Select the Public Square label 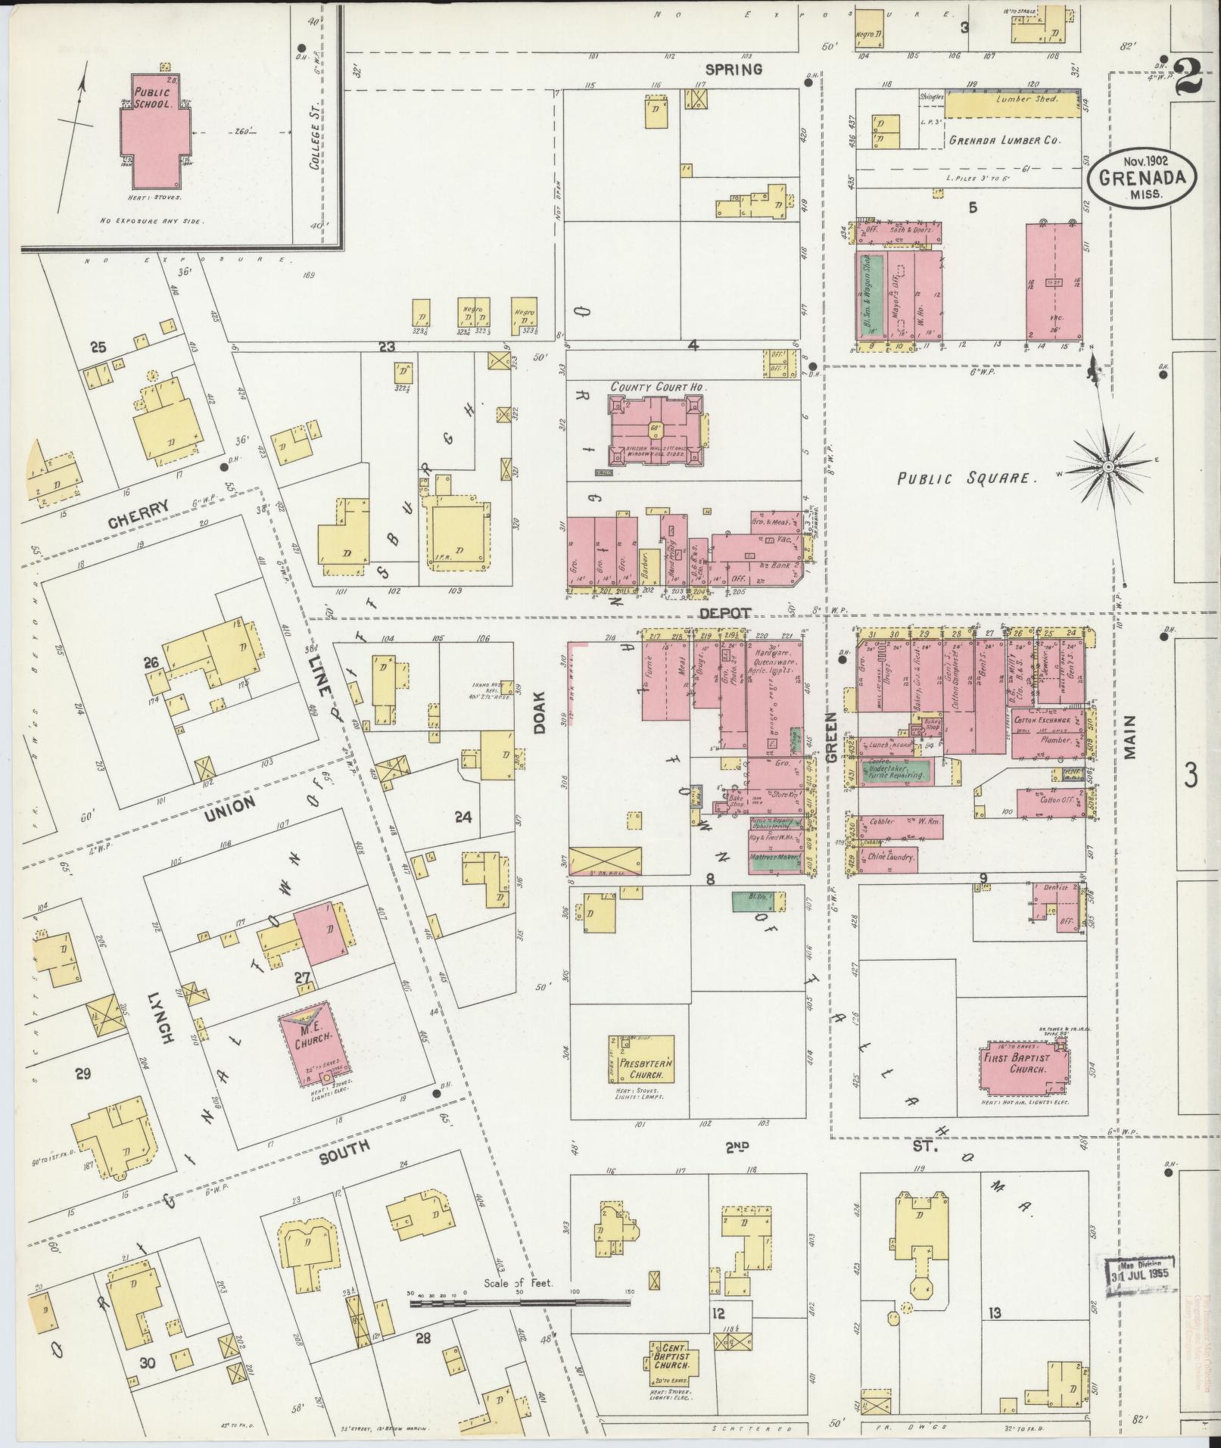[965, 478]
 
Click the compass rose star [1107, 467]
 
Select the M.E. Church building [308, 1042]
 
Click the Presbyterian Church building [641, 1068]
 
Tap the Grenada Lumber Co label [1005, 140]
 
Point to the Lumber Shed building [1012, 105]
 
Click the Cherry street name [136, 507]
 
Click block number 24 [463, 817]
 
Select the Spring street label [733, 69]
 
